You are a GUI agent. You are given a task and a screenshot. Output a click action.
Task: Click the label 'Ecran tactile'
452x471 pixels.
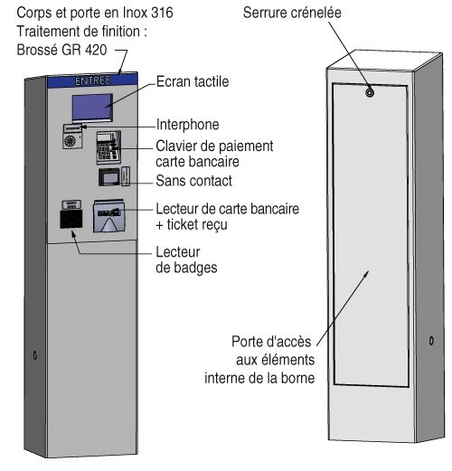coord(192,81)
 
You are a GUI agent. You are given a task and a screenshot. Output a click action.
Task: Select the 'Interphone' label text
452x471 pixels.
coord(187,124)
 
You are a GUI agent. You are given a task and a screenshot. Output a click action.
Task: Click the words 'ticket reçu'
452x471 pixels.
coord(189,224)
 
